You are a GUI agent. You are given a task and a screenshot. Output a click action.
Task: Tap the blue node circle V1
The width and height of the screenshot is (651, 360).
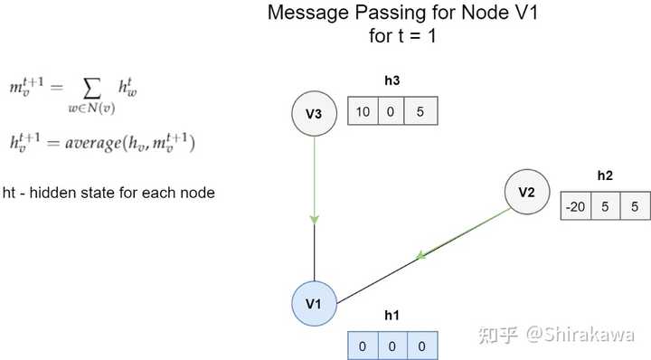click(314, 303)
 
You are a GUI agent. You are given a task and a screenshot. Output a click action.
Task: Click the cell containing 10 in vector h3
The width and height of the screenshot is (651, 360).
click(363, 112)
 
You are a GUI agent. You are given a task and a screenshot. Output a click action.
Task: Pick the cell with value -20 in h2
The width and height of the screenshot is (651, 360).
click(576, 205)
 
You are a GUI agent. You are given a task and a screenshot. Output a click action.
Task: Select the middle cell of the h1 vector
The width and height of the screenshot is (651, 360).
click(392, 346)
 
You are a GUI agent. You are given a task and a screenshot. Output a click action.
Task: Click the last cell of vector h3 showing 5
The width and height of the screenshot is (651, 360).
click(421, 112)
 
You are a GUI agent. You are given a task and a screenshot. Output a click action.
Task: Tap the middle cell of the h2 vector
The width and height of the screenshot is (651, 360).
click(605, 205)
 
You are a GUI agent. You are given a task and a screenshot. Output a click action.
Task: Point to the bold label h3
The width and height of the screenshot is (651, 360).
click(392, 81)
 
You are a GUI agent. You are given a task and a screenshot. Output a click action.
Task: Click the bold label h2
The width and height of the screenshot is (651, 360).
click(605, 175)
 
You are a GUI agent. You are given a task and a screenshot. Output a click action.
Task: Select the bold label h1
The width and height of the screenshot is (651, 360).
click(392, 315)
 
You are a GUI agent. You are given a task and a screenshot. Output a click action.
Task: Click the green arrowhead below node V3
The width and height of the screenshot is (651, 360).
click(314, 219)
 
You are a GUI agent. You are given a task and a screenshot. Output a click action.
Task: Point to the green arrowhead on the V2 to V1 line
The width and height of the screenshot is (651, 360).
click(421, 256)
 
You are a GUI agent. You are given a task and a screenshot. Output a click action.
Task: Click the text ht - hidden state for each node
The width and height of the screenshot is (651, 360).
click(108, 193)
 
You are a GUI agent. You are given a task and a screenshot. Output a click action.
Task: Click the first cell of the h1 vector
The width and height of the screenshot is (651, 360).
click(363, 346)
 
